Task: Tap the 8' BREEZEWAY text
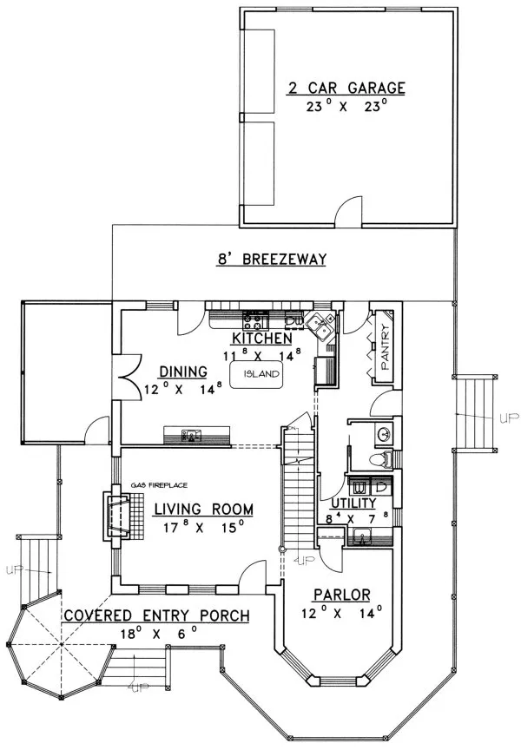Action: [x=270, y=259]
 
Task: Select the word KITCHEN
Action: [x=260, y=338]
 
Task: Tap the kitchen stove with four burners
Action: [x=255, y=318]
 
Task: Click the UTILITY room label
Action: [x=353, y=503]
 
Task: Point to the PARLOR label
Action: [x=342, y=595]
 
